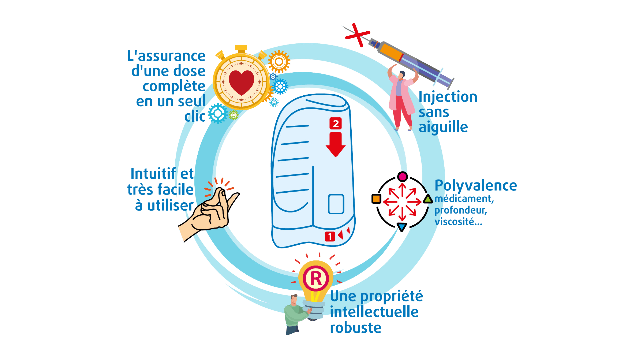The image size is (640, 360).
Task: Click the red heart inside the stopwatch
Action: (x=242, y=82)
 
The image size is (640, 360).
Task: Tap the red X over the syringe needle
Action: (x=358, y=35)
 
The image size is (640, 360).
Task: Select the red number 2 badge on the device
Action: (x=336, y=123)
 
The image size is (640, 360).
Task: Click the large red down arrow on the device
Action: (x=336, y=144)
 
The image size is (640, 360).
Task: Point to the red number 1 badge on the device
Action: (x=330, y=236)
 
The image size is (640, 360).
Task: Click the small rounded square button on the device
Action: (x=336, y=204)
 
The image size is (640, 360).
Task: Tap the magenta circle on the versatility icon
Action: (x=403, y=176)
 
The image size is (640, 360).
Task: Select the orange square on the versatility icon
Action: (x=376, y=199)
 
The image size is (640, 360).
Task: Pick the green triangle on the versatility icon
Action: (x=428, y=199)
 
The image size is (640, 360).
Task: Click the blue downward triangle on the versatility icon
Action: (x=402, y=227)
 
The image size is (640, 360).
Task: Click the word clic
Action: (x=195, y=116)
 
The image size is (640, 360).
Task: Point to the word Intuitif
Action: (x=153, y=174)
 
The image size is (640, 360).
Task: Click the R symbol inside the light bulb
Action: (x=316, y=278)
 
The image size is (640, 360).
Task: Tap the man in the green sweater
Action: (x=295, y=314)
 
